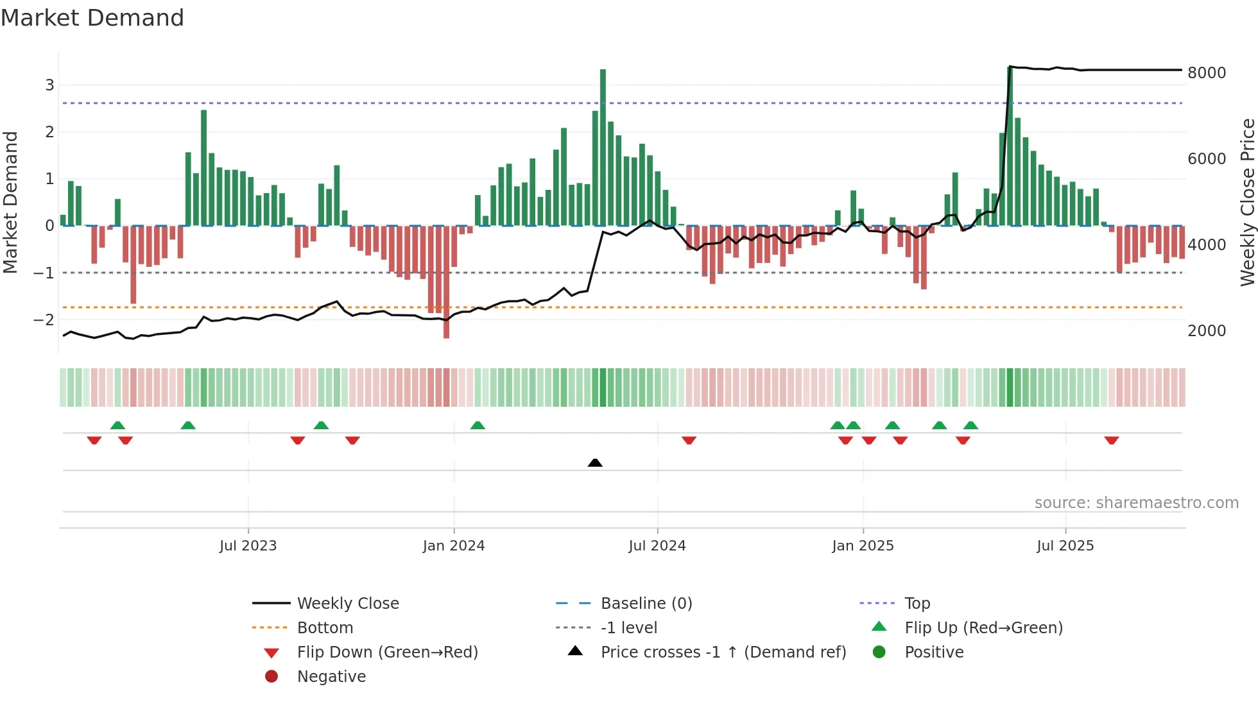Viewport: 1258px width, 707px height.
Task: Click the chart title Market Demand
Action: coord(92,18)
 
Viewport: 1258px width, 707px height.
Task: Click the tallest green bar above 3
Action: coord(603,148)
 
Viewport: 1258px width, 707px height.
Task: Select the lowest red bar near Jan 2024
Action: coord(446,282)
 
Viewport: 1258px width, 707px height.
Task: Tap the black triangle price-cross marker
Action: coord(595,463)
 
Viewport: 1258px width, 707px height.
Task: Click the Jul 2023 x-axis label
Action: coord(248,546)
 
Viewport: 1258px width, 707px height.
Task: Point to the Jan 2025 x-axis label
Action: coord(863,546)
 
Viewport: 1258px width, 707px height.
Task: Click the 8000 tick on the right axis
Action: coord(1207,73)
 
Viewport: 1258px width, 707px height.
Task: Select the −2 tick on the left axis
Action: coord(44,319)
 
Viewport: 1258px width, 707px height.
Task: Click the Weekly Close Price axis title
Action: coord(1247,202)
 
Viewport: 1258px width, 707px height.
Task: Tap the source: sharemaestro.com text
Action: coord(1136,503)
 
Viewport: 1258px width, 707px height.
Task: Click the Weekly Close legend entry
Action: coord(347,604)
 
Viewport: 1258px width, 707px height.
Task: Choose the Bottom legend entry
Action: coord(325,628)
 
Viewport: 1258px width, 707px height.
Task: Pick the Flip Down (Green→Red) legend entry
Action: coord(387,652)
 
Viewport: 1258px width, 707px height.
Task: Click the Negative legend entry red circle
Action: coord(271,677)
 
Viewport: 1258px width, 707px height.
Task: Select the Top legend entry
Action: coord(917,604)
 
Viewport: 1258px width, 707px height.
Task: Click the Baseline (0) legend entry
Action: coord(646,604)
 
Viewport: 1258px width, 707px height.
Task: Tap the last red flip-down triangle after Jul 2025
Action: coord(1112,440)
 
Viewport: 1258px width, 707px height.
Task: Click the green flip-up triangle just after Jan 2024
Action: coord(478,425)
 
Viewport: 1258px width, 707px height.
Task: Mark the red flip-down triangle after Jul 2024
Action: coord(689,440)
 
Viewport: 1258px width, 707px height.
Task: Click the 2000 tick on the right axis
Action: coord(1207,331)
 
